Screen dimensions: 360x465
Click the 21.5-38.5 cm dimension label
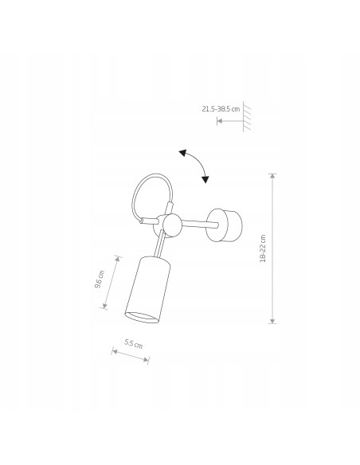[x=221, y=109]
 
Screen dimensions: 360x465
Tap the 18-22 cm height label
[x=263, y=248]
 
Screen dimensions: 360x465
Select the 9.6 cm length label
[x=100, y=279]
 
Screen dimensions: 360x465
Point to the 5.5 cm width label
[x=134, y=344]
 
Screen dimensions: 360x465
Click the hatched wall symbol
[x=246, y=116]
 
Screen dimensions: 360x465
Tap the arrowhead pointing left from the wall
[x=220, y=121]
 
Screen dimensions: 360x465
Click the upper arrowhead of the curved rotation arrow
[x=182, y=153]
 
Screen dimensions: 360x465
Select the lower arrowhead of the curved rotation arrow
[x=205, y=179]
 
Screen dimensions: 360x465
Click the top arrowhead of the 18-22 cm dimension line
[x=272, y=175]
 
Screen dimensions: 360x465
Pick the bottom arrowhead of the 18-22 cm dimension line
[x=272, y=321]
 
